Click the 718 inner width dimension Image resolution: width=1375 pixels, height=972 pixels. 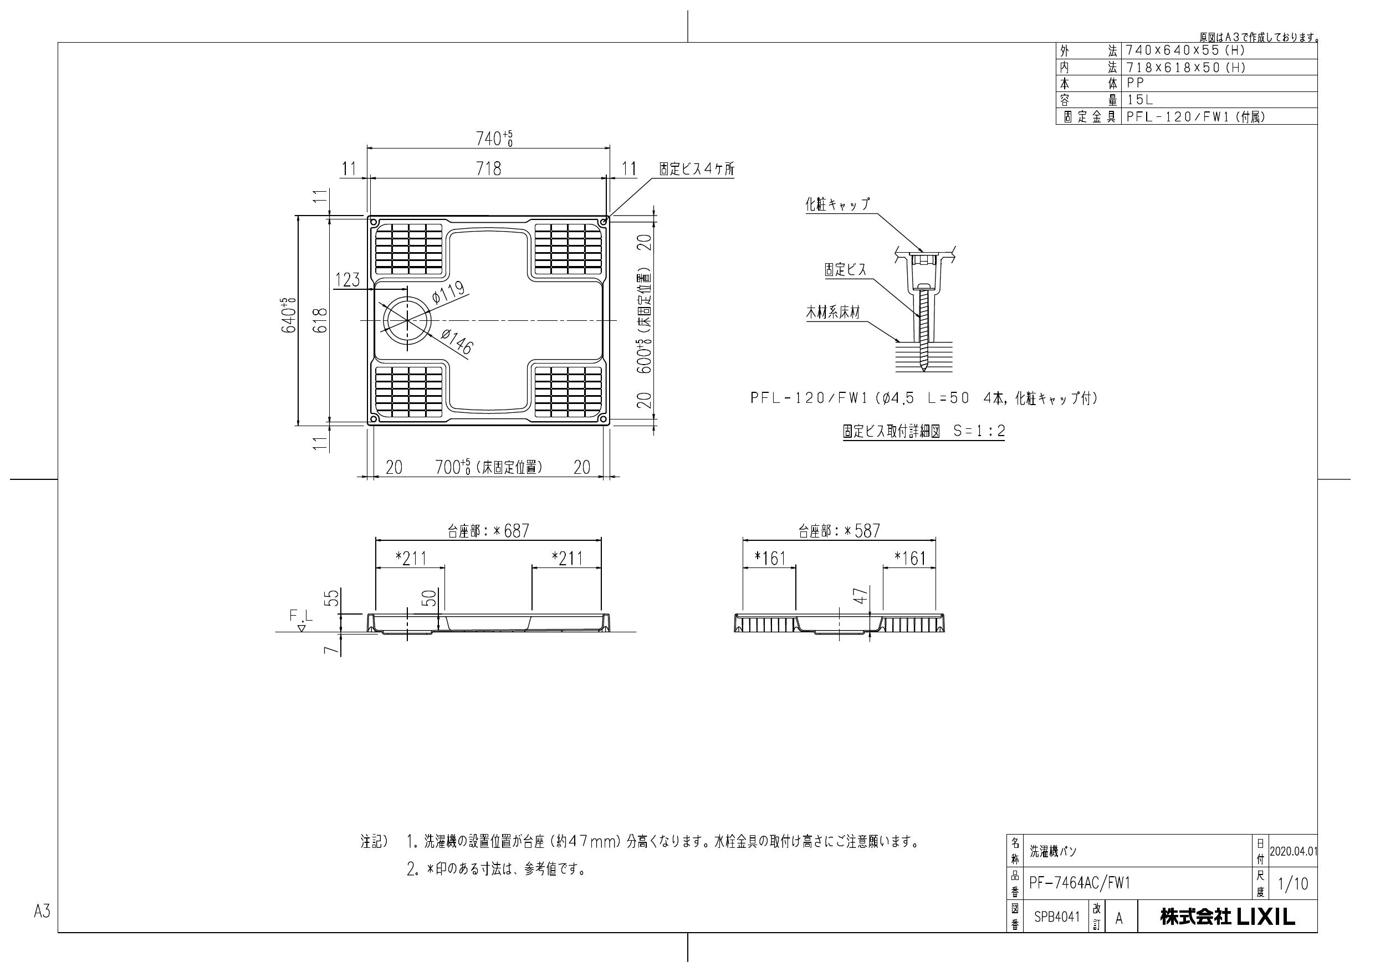click(x=488, y=169)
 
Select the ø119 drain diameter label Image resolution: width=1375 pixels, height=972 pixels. click(x=447, y=293)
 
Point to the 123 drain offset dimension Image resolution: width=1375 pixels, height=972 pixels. click(x=347, y=280)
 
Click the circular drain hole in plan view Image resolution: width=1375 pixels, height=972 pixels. click(x=407, y=320)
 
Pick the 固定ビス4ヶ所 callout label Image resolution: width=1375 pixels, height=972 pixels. click(x=697, y=170)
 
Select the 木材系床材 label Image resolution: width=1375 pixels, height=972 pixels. click(x=833, y=313)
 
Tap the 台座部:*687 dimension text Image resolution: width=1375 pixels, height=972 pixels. click(x=488, y=531)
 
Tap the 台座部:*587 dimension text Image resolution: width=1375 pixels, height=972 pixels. click(x=839, y=531)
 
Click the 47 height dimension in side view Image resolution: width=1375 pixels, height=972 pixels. click(x=861, y=596)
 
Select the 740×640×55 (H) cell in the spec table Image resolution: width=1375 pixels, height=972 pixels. click(x=1186, y=51)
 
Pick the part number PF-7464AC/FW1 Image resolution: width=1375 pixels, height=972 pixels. click(x=1079, y=883)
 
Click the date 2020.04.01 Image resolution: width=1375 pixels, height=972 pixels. click(x=1293, y=851)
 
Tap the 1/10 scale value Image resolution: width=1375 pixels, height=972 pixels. click(x=1293, y=884)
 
